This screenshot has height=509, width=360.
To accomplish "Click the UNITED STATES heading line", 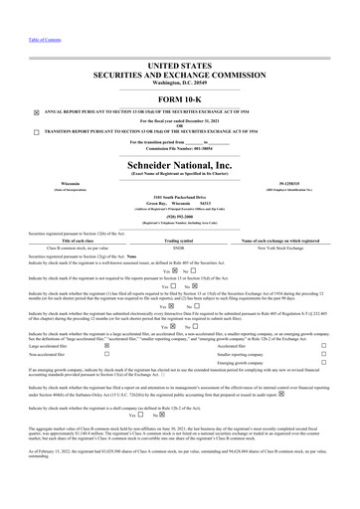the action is coord(180,64).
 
